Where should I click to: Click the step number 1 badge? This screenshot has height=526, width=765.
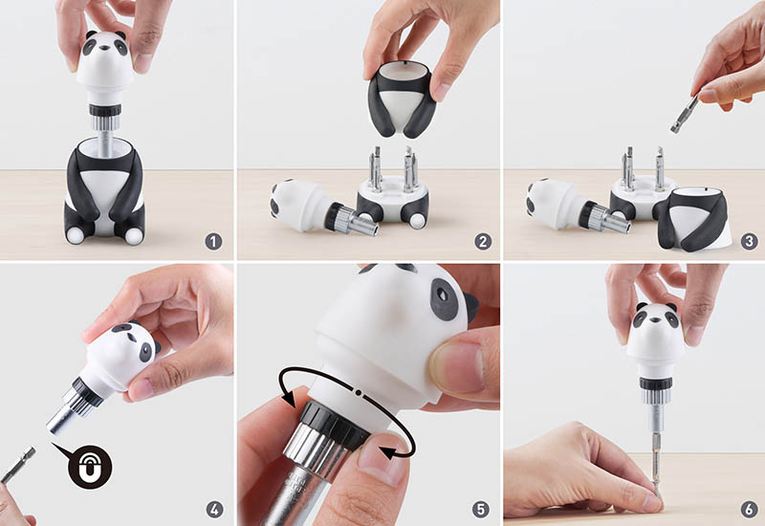coord(213,242)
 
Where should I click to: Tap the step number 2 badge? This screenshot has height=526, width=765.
coord(483,242)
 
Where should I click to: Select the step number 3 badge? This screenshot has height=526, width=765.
coord(750,242)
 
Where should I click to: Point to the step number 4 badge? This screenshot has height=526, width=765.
coord(214,510)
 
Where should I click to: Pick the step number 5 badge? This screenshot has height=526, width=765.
coord(481,510)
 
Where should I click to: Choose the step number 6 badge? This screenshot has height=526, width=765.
coord(750,510)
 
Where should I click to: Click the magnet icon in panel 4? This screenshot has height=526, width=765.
coord(90,467)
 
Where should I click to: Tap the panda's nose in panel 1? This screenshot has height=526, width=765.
coord(105,49)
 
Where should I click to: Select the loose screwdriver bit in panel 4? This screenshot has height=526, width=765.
coord(18,465)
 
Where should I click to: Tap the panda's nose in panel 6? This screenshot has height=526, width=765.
coord(656,320)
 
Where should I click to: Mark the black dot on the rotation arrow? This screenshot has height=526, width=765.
coord(359,392)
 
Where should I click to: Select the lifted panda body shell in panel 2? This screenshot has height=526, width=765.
coord(402,99)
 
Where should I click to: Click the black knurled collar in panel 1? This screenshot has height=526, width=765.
coord(105,110)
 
